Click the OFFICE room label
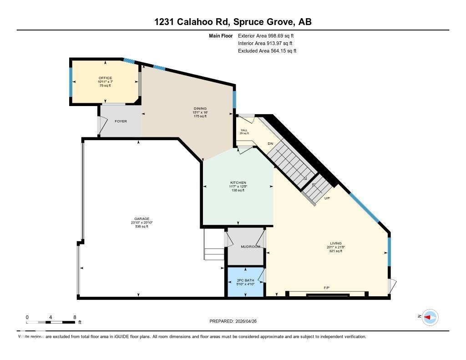tap(105, 78)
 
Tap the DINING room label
tap(200, 108)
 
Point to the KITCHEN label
tap(238, 183)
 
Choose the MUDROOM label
tap(250, 247)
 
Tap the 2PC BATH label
tap(246, 280)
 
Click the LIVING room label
tap(336, 243)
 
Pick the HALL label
tap(244, 130)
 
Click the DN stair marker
tap(270, 143)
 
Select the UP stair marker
tap(327, 198)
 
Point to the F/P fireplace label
tap(327, 288)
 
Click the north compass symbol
tap(430, 317)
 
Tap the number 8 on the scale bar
tap(75, 317)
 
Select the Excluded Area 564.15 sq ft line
tap(267, 51)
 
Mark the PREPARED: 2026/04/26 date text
tap(236, 321)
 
